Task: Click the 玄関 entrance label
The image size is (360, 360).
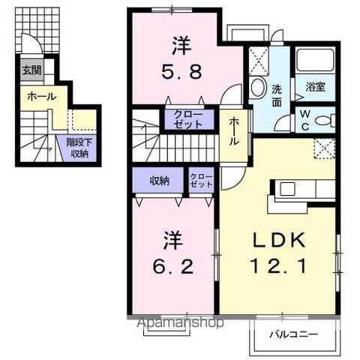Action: pos(31,72)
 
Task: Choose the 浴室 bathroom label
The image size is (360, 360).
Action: pos(316,86)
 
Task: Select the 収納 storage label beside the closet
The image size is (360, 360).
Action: pos(159,180)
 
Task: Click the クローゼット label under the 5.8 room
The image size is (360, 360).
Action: pos(183,120)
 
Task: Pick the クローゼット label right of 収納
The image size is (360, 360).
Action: pos(201,180)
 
